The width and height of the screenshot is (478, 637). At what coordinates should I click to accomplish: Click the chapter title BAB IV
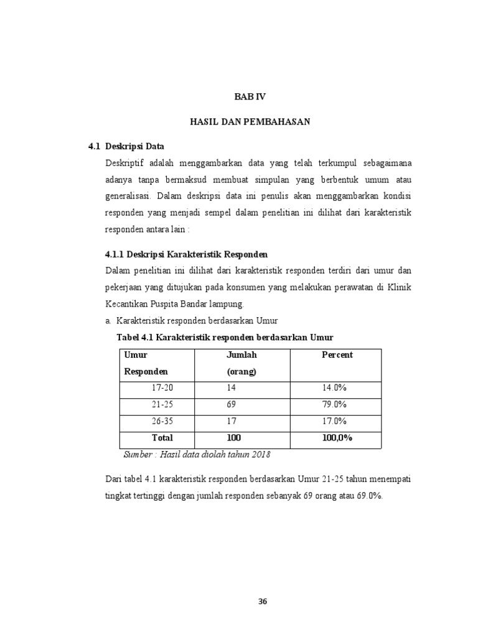tap(249, 97)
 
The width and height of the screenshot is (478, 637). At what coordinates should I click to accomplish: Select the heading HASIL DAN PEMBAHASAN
tap(250, 122)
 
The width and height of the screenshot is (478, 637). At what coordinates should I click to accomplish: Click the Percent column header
tap(337, 355)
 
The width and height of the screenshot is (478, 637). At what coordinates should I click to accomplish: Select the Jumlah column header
tap(241, 355)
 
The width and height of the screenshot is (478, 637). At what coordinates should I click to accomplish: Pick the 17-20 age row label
tap(163, 388)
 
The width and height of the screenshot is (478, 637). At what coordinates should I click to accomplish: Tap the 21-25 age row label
tap(163, 404)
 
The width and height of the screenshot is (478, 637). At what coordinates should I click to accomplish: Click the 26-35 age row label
tap(163, 421)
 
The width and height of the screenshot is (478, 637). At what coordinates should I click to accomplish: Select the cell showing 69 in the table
tap(232, 404)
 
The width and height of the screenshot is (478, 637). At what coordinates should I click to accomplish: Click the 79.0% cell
tap(334, 404)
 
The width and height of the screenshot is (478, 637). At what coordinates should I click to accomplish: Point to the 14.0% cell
tap(334, 388)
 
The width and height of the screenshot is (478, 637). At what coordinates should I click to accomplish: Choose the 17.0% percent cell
tap(334, 421)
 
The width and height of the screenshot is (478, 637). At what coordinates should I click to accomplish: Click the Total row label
tap(162, 438)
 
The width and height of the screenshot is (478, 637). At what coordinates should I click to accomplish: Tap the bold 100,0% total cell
tap(337, 438)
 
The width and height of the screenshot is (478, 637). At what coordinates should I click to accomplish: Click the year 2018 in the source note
tap(260, 454)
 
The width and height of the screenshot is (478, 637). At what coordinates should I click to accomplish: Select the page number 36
tap(262, 602)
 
